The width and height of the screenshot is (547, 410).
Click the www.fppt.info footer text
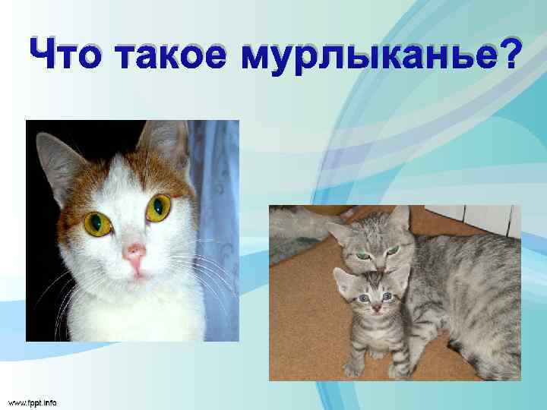pos(32,401)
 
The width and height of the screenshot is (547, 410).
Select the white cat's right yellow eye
pos(159,207)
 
